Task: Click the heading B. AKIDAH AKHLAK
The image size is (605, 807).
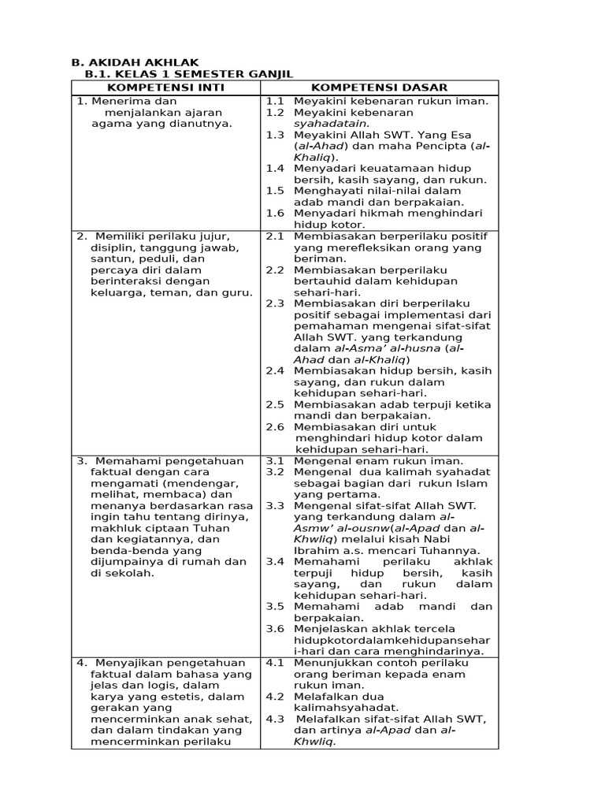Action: coord(135,62)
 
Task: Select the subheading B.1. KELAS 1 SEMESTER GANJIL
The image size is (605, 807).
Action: coord(188,74)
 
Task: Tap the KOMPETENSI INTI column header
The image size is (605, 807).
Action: coord(165,87)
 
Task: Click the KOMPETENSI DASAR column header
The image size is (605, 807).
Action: coord(379,87)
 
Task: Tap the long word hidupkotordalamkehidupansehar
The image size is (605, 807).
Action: coord(392,640)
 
